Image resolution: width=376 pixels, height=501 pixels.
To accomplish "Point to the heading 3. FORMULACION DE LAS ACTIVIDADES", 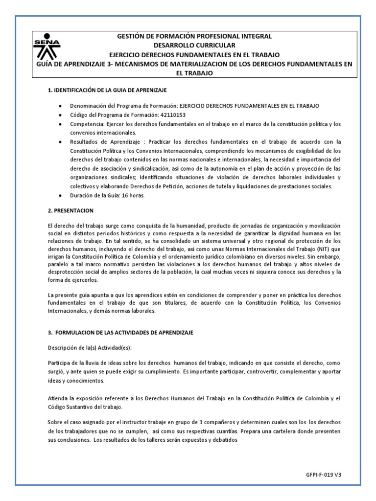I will (x=121, y=333).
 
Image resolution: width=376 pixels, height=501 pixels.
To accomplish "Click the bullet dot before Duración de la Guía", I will (x=60, y=195).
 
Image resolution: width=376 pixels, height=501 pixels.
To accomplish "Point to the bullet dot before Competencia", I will (x=60, y=124).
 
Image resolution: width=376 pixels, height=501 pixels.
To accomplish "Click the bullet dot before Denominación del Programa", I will (x=60, y=106).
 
